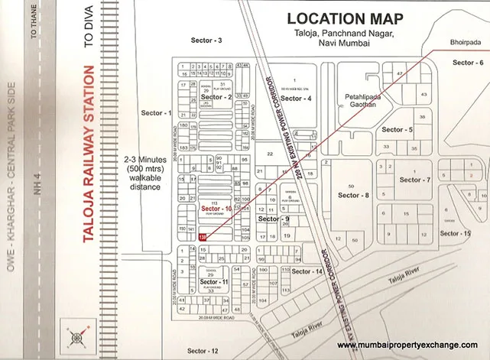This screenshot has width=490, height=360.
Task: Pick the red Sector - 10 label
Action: click(216, 208)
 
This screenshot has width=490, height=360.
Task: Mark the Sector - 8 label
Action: click(355, 196)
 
